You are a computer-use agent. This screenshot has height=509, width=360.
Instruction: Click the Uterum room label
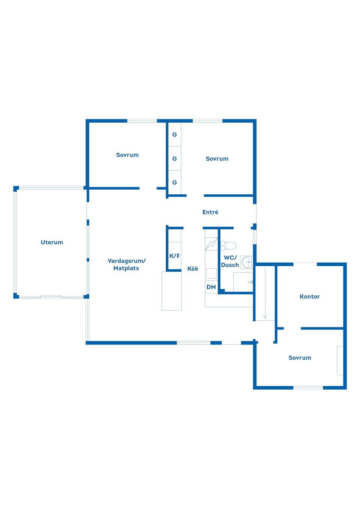click(x=52, y=242)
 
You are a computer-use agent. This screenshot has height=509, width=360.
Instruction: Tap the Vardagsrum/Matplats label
click(x=126, y=264)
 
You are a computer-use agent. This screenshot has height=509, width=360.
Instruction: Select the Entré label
click(x=210, y=212)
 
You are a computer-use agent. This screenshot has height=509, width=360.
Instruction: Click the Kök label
click(x=192, y=269)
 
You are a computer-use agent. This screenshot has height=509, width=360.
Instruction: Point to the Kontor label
click(x=309, y=296)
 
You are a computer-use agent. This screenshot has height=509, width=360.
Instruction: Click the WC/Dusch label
click(x=230, y=261)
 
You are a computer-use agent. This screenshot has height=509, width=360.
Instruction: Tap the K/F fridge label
click(x=174, y=256)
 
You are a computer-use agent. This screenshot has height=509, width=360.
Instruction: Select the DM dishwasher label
click(x=211, y=287)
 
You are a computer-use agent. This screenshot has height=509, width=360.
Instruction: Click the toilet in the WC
click(x=228, y=246)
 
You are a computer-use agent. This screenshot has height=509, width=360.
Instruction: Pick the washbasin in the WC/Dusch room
click(x=246, y=262)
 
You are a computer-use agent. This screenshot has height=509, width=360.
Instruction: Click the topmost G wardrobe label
click(x=174, y=135)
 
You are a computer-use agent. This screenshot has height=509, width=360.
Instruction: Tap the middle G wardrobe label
click(x=174, y=159)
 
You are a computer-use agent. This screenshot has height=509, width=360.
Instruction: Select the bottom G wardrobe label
click(x=174, y=182)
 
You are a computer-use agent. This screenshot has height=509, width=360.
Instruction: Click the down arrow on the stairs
click(x=265, y=293)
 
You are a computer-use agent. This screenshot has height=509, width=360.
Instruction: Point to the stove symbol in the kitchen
click(x=211, y=273)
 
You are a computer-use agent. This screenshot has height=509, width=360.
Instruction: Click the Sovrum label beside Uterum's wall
click(x=127, y=155)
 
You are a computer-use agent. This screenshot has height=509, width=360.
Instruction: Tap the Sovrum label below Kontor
click(x=300, y=358)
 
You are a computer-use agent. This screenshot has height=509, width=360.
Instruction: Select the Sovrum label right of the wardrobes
click(x=217, y=159)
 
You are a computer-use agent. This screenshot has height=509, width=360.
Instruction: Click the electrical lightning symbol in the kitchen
click(x=211, y=244)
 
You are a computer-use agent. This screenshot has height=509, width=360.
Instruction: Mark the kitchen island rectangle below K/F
click(x=171, y=291)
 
